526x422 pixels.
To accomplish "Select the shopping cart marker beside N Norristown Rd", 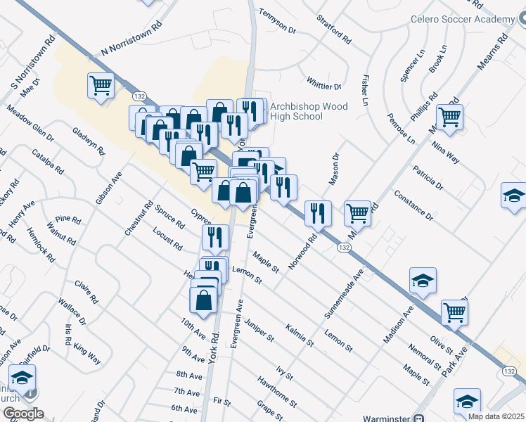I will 101,87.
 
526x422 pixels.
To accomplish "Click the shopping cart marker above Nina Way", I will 449,117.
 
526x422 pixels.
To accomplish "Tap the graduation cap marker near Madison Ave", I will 423,281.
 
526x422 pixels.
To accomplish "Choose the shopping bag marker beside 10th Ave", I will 203,300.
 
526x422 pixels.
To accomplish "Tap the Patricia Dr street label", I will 428,178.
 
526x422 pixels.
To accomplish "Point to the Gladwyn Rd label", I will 89,141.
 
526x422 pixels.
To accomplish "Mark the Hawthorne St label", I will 277,394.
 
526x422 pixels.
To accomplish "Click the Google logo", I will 23,414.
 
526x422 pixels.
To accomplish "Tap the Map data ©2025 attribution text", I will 496,416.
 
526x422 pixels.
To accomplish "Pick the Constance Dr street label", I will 413,203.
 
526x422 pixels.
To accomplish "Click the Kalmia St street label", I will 300,334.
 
